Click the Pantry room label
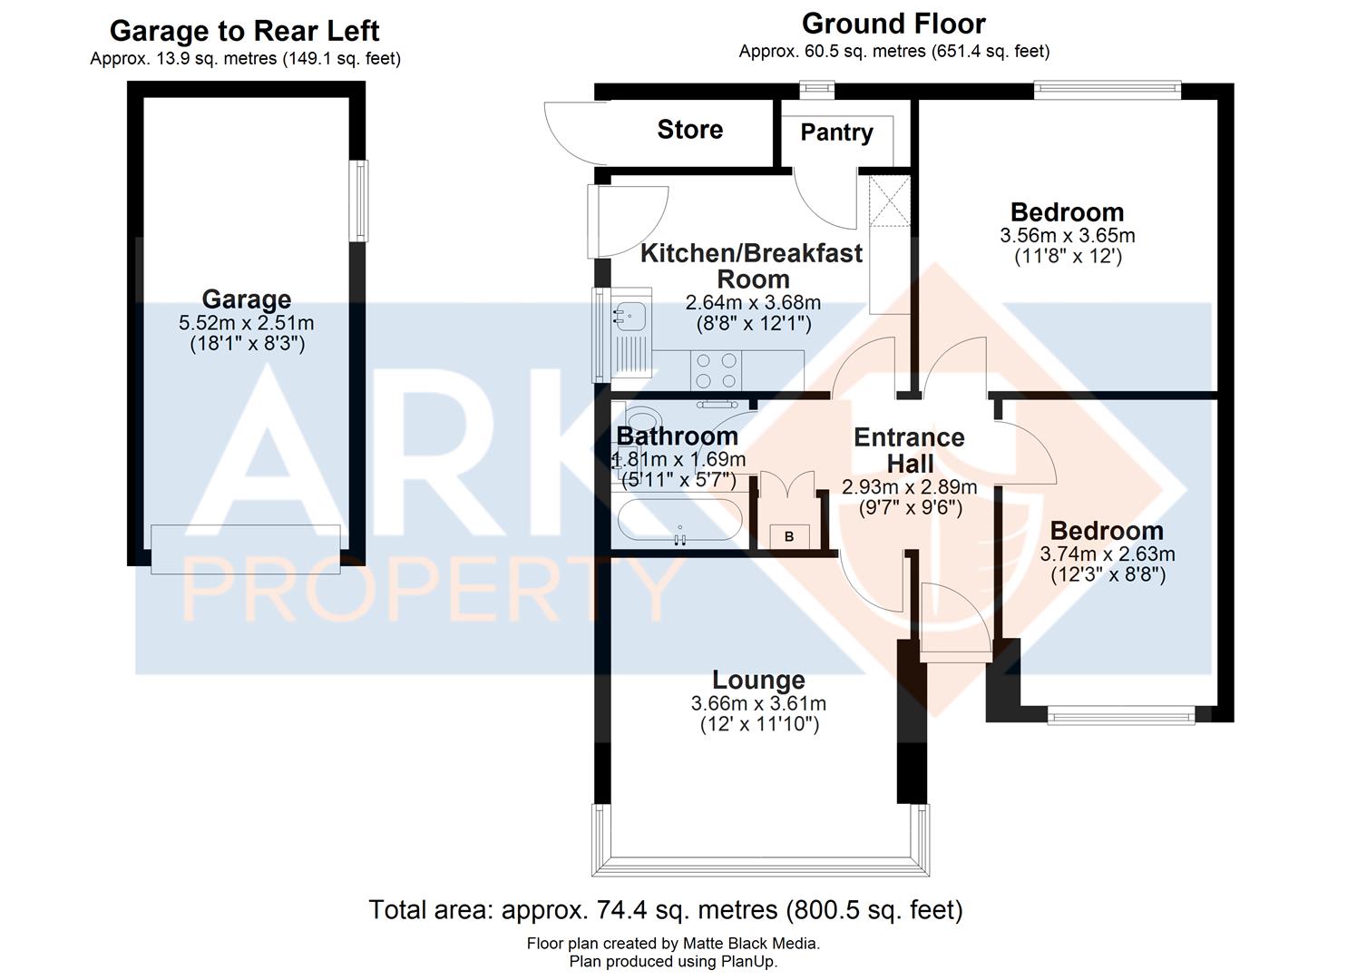click(x=836, y=132)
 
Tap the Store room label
click(x=689, y=130)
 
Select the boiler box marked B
click(x=789, y=536)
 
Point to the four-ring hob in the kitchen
click(x=717, y=370)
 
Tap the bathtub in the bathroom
click(x=680, y=522)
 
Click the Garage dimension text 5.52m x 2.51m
click(x=247, y=323)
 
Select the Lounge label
click(x=758, y=680)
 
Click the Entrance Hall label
click(x=909, y=450)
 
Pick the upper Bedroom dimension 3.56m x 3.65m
click(x=1068, y=236)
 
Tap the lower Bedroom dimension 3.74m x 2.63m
click(x=1107, y=554)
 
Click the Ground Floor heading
click(x=893, y=24)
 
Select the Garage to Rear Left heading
click(x=244, y=31)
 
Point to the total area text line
click(x=666, y=909)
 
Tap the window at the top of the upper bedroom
click(x=1108, y=89)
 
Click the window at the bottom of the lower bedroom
click(x=1121, y=716)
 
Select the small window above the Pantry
click(x=817, y=88)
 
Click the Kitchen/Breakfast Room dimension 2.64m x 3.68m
click(x=753, y=302)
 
